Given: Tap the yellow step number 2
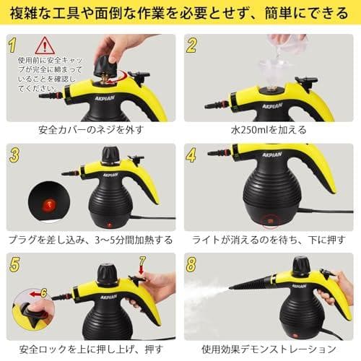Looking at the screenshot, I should (192, 45).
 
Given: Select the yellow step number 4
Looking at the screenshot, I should (192, 154).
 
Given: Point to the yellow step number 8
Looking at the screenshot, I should (191, 264).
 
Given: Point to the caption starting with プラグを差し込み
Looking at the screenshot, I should (90, 240).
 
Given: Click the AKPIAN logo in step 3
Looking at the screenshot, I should (110, 174).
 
